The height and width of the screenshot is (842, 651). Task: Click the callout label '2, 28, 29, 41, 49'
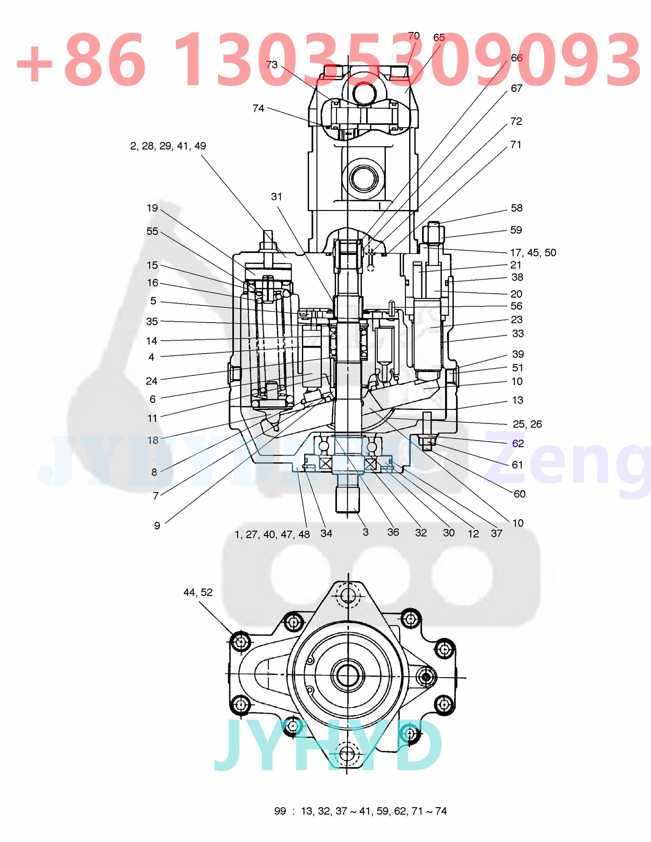168,146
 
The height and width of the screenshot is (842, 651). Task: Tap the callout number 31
276,197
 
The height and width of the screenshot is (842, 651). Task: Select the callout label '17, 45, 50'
533,253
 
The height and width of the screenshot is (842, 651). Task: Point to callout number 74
258,109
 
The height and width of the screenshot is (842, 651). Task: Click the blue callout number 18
153,440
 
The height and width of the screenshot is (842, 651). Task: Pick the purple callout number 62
518,444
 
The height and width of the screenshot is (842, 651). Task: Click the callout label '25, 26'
527,424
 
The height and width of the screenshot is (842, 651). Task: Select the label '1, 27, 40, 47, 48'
272,535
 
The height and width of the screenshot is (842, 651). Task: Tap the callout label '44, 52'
198,592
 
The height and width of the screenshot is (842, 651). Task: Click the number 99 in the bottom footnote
280,811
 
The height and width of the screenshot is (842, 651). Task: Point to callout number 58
516,208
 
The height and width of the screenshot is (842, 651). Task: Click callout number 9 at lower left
157,526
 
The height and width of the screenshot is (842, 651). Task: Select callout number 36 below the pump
393,533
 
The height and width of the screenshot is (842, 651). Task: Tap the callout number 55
152,232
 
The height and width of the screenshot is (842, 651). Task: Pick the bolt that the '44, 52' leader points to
240,642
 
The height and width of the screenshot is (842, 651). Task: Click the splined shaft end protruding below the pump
347,498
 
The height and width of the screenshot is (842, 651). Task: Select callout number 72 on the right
516,122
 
